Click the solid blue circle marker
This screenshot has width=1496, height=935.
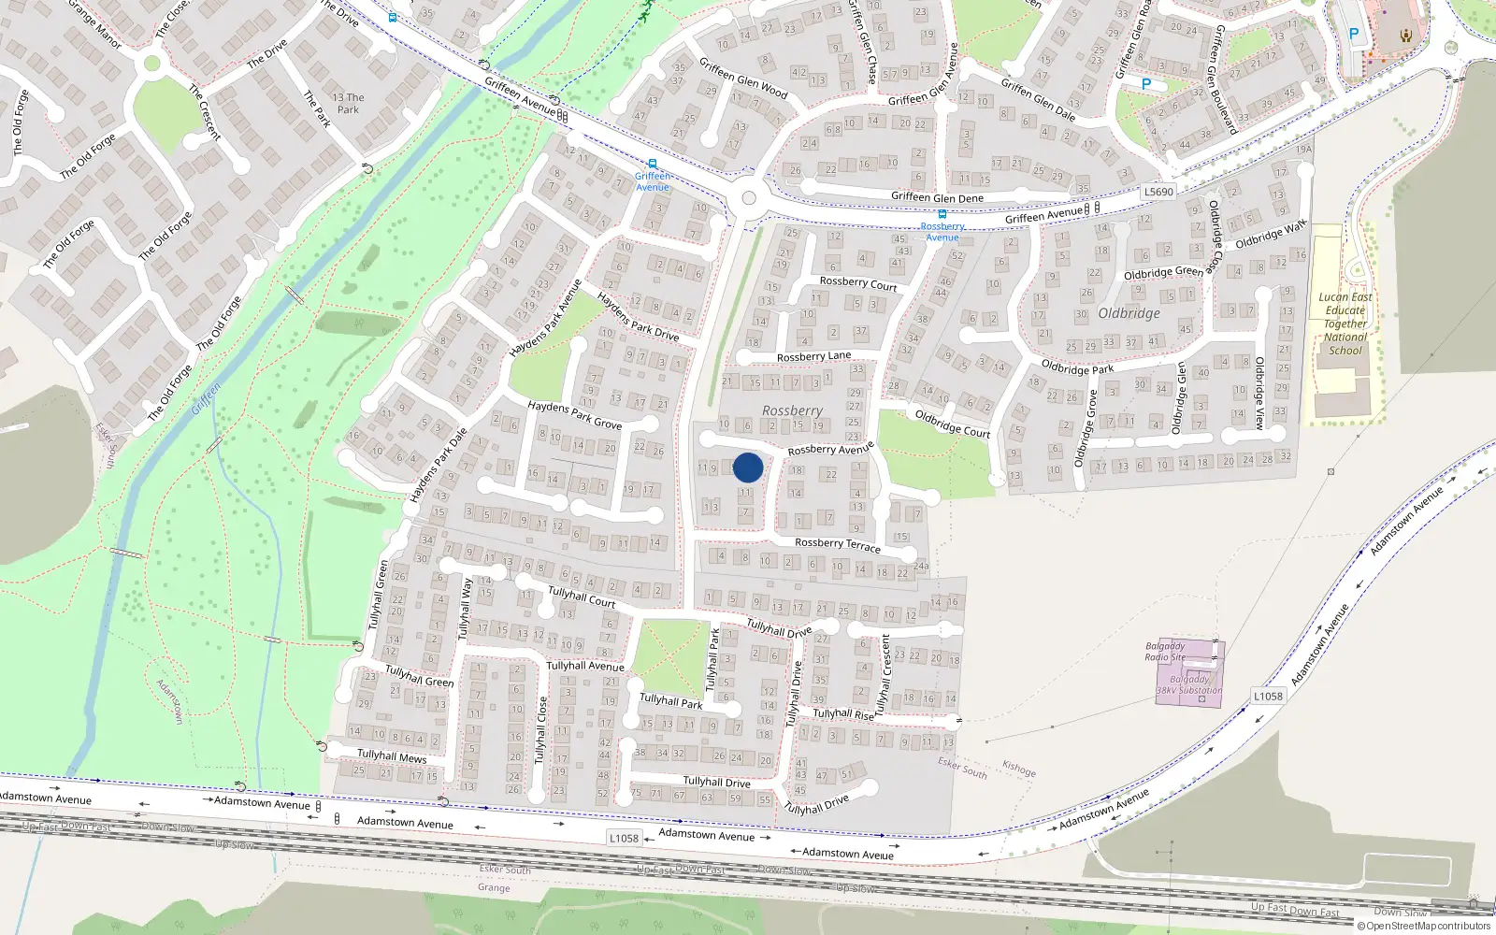[x=748, y=467]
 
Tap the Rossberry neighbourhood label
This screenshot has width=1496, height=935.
[x=792, y=410]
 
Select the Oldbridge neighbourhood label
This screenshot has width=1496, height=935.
[x=1129, y=313]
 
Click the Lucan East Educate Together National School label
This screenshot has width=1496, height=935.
[x=1345, y=324]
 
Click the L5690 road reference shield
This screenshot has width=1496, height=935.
[x=1158, y=192]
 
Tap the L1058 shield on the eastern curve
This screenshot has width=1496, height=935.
[x=1268, y=696]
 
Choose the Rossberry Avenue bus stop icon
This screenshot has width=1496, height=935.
[x=942, y=215]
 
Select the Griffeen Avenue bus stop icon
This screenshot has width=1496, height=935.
[x=652, y=164]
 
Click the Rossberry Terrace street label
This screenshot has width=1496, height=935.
[x=837, y=543]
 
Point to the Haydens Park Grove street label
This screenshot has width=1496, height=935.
[x=574, y=414]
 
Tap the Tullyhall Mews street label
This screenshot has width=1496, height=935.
[x=392, y=755]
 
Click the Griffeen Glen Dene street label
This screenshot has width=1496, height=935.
[x=937, y=197]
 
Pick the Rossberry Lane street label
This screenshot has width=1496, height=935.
[x=813, y=356]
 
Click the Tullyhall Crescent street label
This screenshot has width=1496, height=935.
[x=885, y=670]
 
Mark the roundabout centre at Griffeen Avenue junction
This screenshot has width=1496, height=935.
[x=748, y=198]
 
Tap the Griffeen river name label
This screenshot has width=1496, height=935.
[x=207, y=401]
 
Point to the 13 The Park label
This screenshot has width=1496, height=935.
[x=348, y=103]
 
